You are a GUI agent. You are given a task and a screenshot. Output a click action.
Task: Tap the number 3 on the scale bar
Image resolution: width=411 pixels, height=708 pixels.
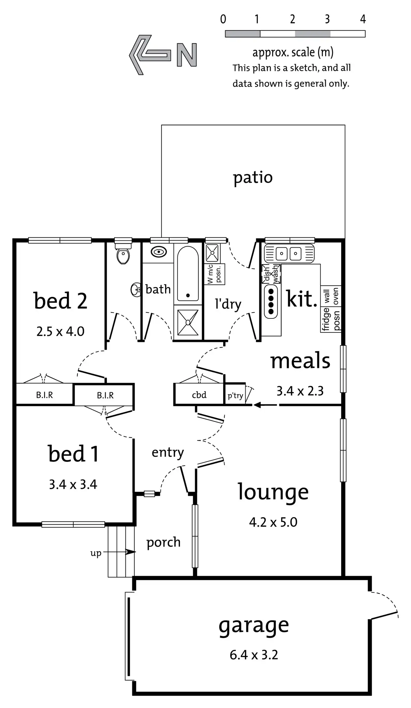point(327,19)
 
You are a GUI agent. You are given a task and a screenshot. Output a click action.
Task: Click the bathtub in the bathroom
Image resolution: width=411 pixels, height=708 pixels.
point(188,273)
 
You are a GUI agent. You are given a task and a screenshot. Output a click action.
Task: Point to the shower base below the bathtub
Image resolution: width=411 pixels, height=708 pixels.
point(188,322)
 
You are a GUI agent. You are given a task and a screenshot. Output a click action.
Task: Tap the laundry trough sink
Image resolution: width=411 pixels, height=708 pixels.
point(212,253)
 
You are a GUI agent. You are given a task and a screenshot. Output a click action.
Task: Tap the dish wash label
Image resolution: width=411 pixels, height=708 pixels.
point(271,274)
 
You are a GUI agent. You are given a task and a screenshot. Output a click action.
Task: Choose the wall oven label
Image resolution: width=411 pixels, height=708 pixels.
point(331,296)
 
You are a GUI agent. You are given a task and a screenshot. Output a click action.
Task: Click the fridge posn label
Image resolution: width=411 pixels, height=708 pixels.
point(331,319)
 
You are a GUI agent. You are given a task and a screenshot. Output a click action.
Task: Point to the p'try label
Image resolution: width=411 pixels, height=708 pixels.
point(235,396)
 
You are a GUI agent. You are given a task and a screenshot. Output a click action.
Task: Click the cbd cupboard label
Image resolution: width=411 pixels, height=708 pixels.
point(199,395)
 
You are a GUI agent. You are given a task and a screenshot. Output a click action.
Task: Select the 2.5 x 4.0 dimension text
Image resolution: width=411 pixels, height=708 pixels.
point(60,331)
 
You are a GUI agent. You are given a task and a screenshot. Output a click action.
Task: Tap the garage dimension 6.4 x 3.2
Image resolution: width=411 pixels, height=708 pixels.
point(254,655)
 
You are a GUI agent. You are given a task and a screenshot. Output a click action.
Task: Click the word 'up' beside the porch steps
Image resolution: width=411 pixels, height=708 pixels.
point(96,553)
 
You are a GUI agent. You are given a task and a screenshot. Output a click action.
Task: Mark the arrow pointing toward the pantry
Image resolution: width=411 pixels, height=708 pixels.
point(266,405)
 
